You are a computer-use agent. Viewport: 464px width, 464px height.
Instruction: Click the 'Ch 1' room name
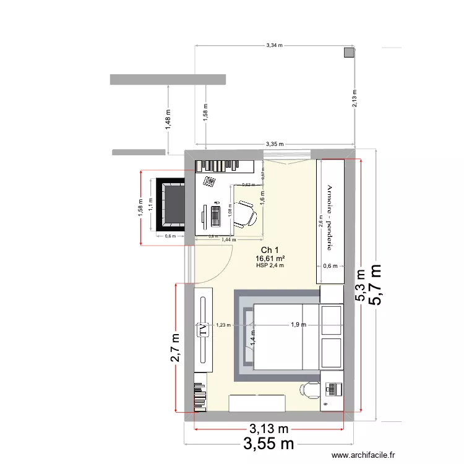click(x=269, y=250)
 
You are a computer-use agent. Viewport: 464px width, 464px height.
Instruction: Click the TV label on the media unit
click(x=202, y=330)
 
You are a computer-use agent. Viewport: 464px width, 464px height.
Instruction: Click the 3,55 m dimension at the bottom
click(x=269, y=444)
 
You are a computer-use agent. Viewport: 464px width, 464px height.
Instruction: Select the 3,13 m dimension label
click(x=269, y=428)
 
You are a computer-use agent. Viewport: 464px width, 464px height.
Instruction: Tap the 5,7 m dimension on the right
click(x=375, y=285)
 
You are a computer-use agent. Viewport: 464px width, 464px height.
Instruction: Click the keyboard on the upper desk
click(x=216, y=215)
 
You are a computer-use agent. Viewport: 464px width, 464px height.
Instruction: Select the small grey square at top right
click(x=350, y=53)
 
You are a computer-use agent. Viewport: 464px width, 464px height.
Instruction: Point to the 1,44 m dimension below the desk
click(x=230, y=239)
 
